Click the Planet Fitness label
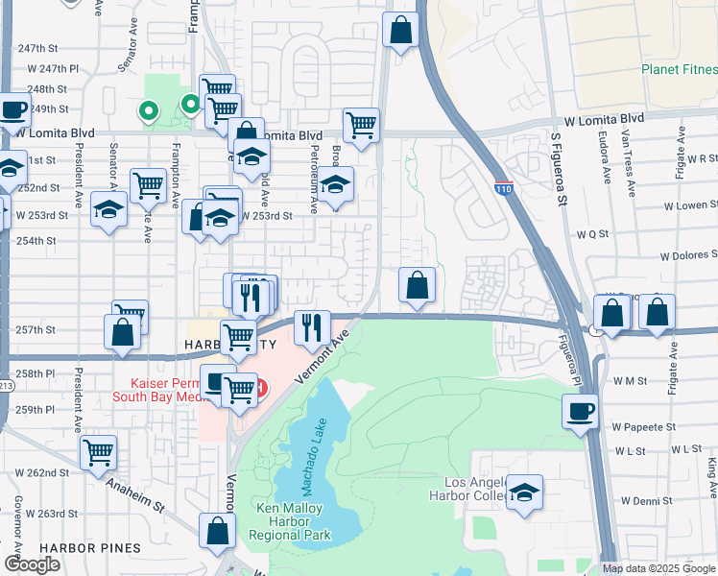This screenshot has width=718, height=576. [679, 70]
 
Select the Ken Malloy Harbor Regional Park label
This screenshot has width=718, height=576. [290, 521]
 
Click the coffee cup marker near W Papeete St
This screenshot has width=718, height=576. [580, 412]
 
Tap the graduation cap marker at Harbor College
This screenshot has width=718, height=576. [524, 493]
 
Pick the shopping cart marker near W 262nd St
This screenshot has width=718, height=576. [99, 453]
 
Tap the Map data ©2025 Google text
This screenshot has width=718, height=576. [658, 568]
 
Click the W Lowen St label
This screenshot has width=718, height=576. [689, 204]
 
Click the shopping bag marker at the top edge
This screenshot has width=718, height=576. [401, 29]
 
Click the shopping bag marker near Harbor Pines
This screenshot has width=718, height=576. [218, 530]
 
